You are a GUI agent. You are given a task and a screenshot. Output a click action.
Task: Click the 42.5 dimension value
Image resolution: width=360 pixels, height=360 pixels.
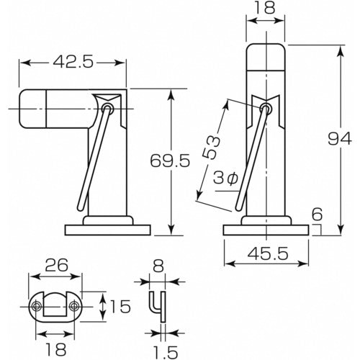pyautogui.click(x=73, y=63)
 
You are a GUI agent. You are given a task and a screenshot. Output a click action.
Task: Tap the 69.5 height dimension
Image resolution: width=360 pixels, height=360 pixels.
pyautogui.click(x=170, y=161)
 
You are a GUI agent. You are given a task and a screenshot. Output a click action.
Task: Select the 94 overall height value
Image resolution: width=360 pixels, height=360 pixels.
pyautogui.click(x=340, y=139)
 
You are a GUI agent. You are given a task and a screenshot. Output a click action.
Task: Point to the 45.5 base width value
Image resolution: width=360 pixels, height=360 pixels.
pyautogui.click(x=268, y=254)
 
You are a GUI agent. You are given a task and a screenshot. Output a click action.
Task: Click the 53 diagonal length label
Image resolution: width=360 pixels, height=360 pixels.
pyautogui.click(x=211, y=148)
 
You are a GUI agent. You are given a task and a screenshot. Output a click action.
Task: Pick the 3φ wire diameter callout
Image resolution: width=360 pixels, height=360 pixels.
pyautogui.click(x=225, y=179)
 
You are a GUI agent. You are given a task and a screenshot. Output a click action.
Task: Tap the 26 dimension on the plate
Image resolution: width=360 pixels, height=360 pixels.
pyautogui.click(x=57, y=265)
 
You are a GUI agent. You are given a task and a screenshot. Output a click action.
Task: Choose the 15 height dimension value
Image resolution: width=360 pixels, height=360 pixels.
pyautogui.click(x=120, y=307)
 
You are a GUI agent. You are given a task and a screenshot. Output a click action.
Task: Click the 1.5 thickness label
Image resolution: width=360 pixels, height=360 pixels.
pyautogui.click(x=165, y=352)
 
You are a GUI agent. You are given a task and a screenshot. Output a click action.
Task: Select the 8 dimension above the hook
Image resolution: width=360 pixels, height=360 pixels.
pyautogui.click(x=158, y=266)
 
